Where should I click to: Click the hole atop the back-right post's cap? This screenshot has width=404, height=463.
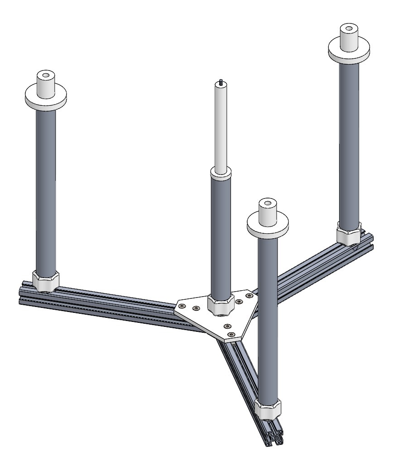pos(348,29)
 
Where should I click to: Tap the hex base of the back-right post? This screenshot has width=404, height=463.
pos(348,234)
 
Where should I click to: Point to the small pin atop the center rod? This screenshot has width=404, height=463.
pos(221,82)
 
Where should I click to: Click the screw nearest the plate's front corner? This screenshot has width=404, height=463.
pos(232,335)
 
